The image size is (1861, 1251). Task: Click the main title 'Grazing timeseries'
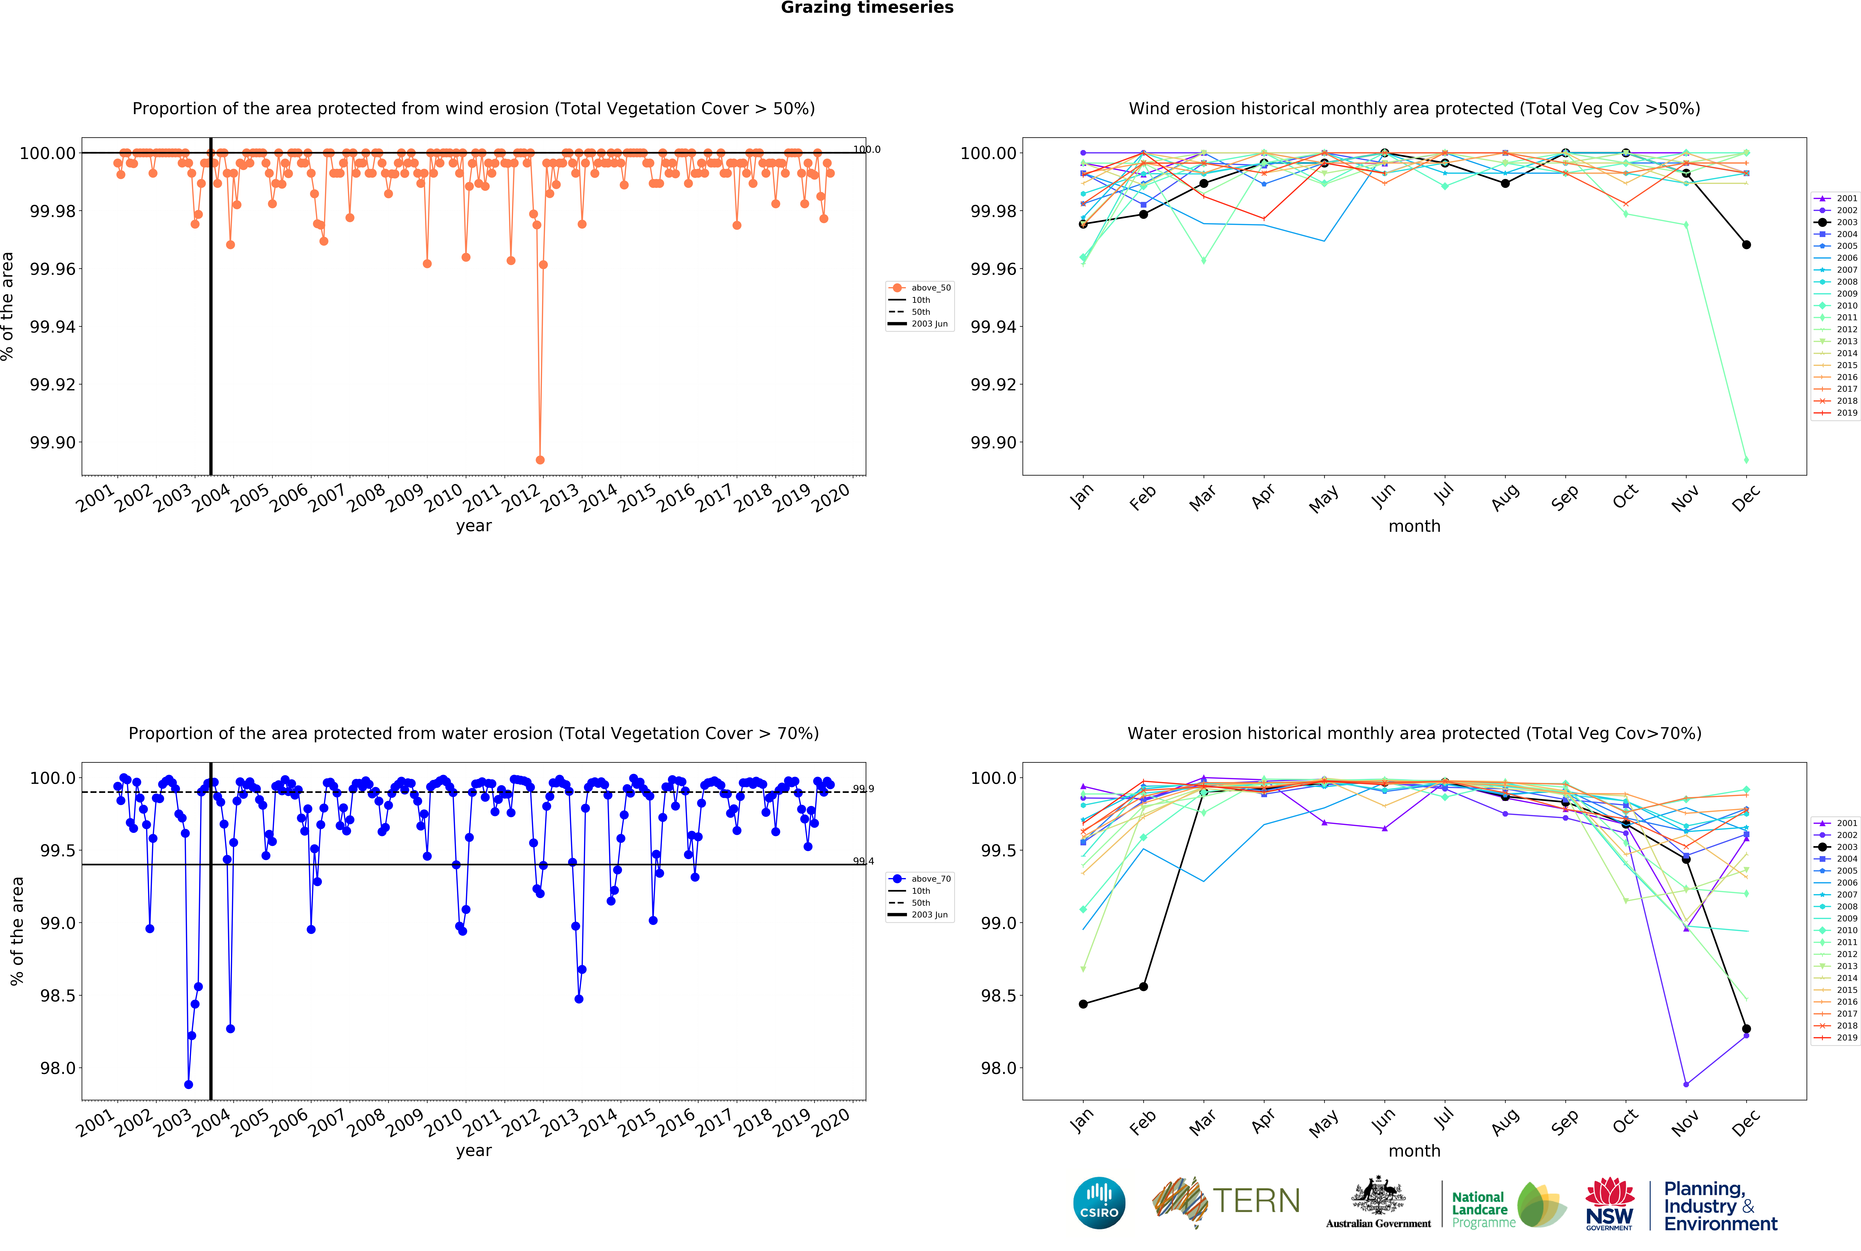coord(867,8)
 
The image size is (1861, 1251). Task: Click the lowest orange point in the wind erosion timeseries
coord(540,460)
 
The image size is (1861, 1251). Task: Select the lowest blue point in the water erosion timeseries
coord(188,1084)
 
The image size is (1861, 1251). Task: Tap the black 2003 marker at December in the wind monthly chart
coord(1746,245)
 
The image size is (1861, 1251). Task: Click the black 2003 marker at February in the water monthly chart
coord(1143,987)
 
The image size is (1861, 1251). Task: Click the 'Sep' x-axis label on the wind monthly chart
coord(1564,498)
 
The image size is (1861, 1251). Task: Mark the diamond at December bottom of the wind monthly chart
coord(1746,460)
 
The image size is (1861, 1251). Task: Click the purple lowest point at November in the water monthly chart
coord(1686,1084)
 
